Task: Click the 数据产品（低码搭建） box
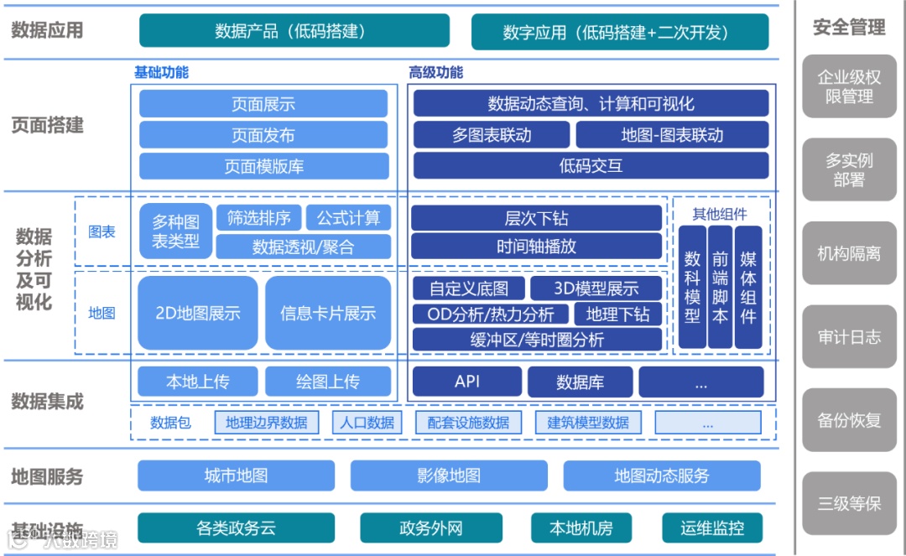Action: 294,31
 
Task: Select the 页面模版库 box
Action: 263,166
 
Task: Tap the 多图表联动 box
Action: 492,135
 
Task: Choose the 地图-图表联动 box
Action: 672,135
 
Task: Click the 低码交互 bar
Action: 591,166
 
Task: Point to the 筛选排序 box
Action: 258,218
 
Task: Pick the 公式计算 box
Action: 348,218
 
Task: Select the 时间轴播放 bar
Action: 536,247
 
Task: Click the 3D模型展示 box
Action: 596,288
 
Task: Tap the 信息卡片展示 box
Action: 328,314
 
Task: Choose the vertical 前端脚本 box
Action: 720,287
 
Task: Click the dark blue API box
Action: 467,382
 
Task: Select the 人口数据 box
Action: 367,423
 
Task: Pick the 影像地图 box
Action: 449,476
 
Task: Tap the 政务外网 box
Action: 430,528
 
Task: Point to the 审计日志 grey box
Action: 849,337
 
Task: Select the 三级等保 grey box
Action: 849,503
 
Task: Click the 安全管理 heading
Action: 849,28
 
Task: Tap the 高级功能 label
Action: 435,73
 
